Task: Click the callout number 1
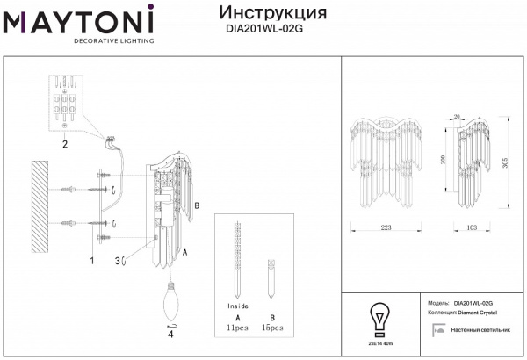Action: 91,261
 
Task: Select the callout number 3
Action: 117,260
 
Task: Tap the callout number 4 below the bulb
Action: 170,335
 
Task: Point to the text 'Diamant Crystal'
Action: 477,312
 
